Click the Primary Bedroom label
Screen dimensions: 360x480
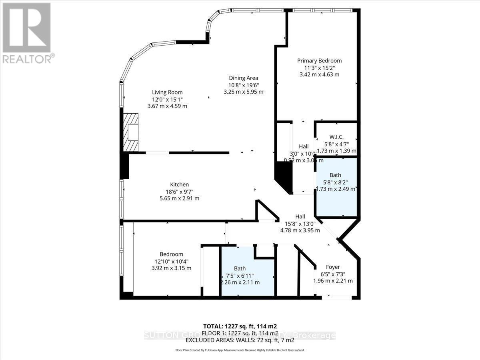click(x=319, y=61)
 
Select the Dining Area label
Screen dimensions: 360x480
click(x=243, y=78)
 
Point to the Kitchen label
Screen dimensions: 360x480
click(x=179, y=184)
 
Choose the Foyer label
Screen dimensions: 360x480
click(x=333, y=267)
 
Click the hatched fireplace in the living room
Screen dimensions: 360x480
click(x=130, y=132)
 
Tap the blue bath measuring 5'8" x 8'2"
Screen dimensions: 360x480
click(x=336, y=188)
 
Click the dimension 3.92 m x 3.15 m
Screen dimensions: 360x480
click(x=171, y=268)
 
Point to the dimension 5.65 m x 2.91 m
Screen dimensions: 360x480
click(x=179, y=198)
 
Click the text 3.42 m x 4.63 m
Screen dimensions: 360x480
click(x=319, y=74)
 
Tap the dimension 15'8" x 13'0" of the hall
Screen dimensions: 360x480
click(x=300, y=224)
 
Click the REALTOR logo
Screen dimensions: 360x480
click(x=27, y=32)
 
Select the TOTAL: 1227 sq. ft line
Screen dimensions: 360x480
click(x=240, y=326)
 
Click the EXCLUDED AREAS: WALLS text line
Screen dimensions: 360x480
click(x=240, y=340)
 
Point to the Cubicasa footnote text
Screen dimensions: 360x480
click(x=240, y=350)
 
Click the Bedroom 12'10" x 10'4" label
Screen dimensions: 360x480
click(x=171, y=261)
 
